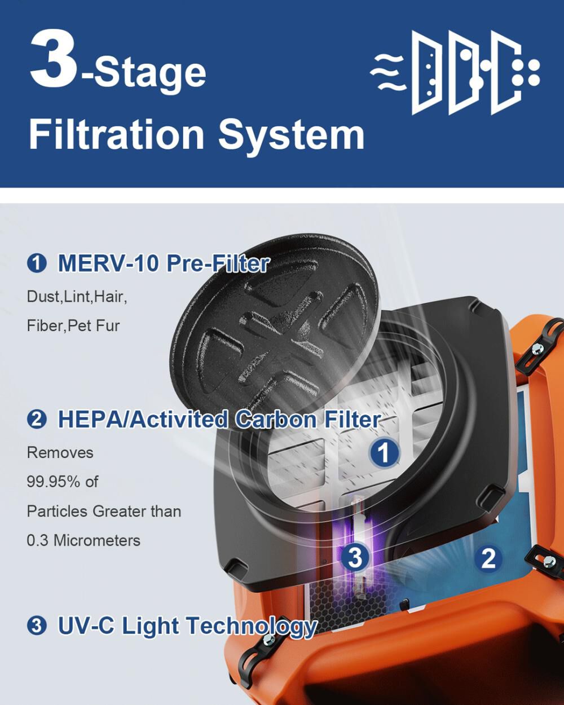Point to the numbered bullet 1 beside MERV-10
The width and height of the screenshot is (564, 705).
37,263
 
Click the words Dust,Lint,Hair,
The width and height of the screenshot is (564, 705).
77,296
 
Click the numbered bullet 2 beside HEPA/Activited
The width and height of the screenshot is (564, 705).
37,420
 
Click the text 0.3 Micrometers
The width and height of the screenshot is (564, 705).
83,540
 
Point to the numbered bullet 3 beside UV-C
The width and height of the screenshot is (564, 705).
37,626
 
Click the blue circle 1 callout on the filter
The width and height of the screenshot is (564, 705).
384,452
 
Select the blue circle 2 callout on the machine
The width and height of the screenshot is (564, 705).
488,558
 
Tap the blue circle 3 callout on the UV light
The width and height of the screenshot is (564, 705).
355,557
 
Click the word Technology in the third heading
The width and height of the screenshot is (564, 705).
252,626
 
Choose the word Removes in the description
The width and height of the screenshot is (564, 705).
60,452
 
